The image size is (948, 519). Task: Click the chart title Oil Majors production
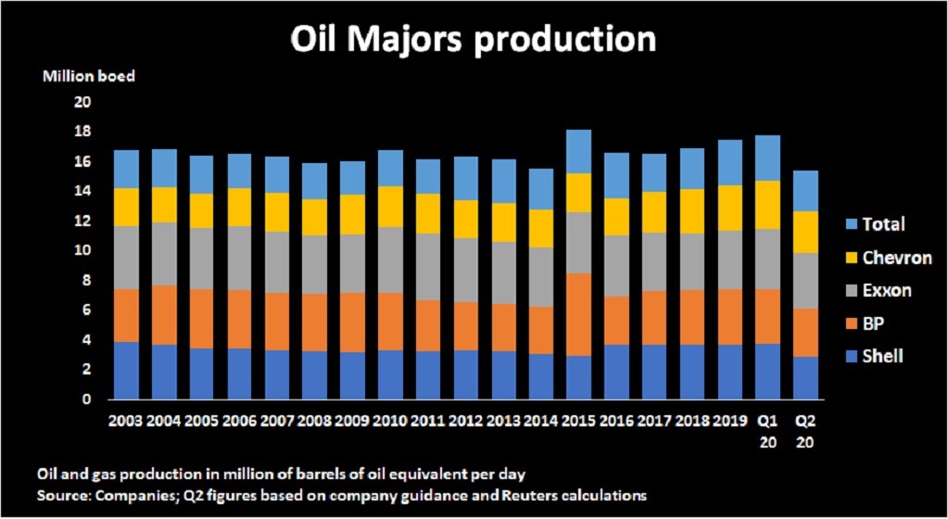pyautogui.click(x=474, y=40)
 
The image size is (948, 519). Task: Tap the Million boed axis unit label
pyautogui.click(x=89, y=76)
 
